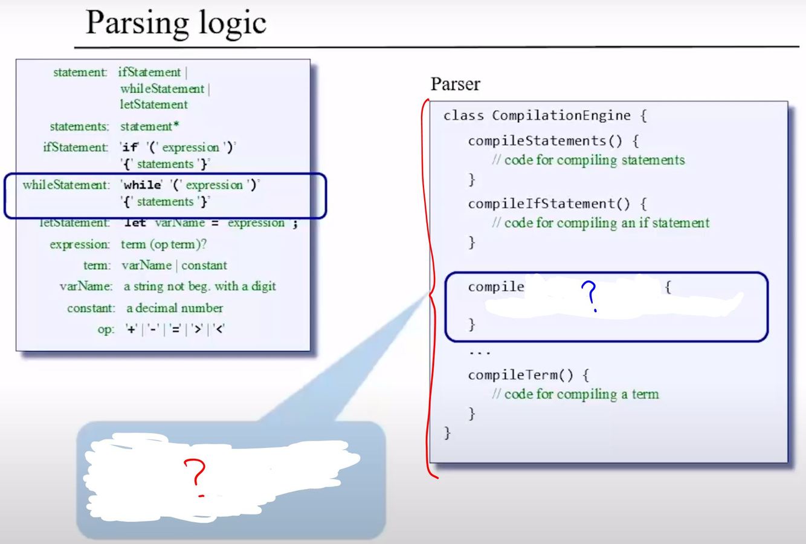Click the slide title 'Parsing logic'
176,23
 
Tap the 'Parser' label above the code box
455,84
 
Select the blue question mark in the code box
590,295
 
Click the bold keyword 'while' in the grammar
143,185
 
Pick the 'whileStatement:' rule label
66,185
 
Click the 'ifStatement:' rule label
76,147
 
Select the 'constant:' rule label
91,308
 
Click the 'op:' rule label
105,330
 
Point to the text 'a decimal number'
175,308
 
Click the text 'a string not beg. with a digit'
200,287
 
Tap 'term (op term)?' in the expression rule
164,244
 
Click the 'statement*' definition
149,127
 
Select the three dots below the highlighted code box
480,352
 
